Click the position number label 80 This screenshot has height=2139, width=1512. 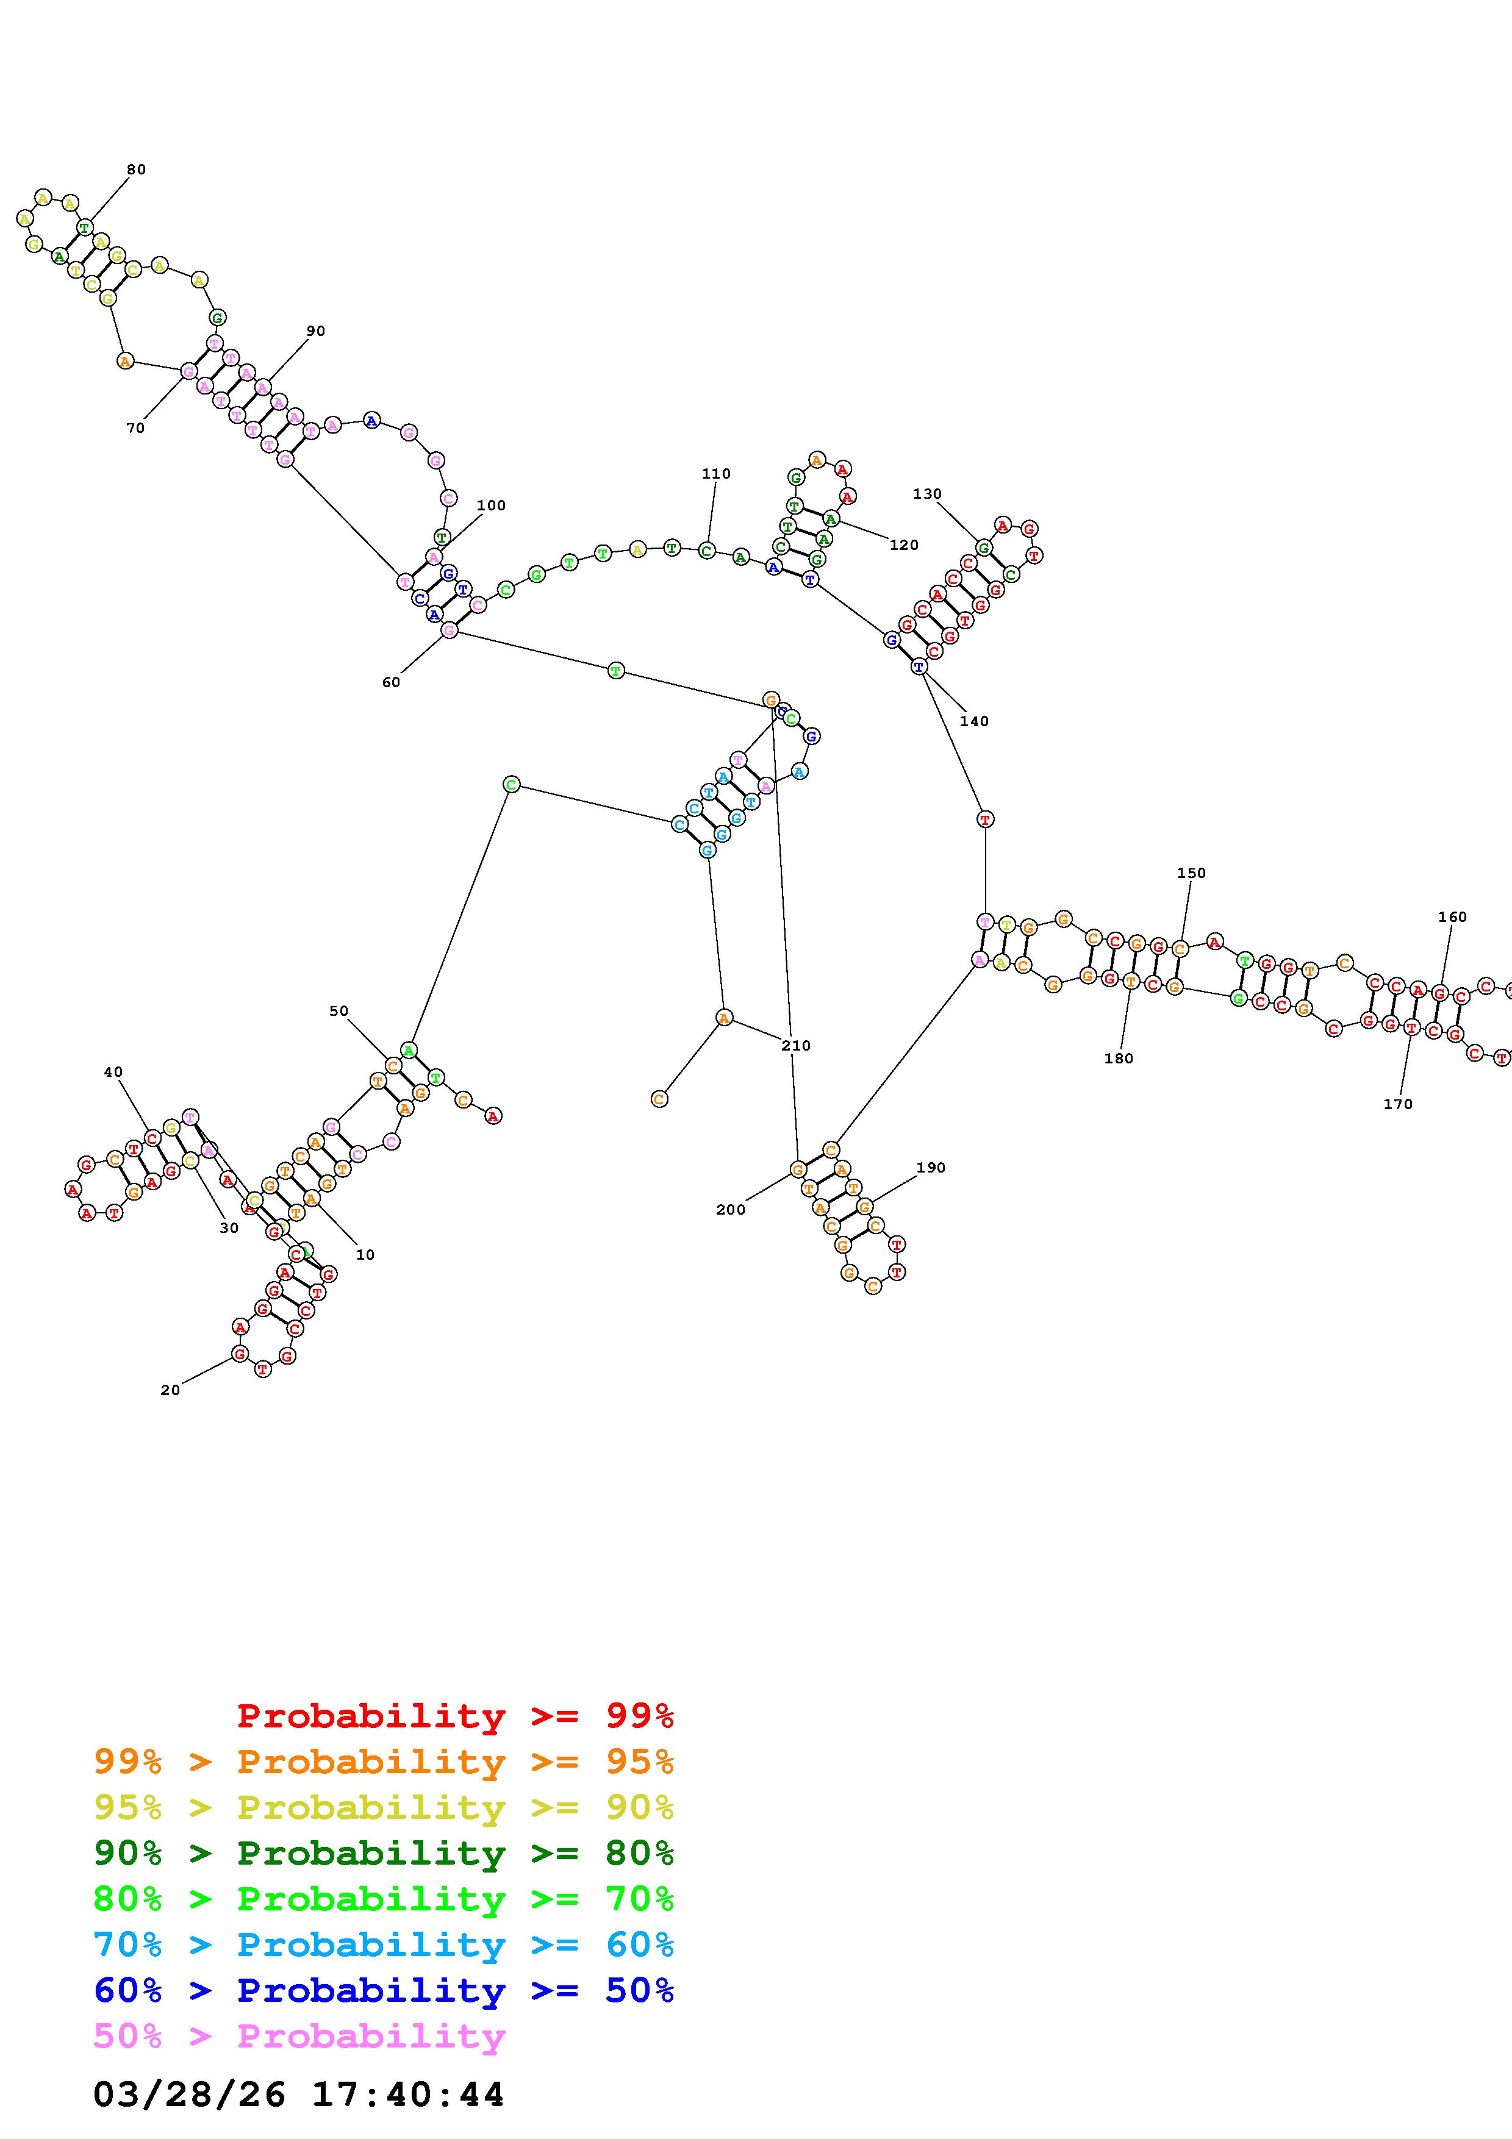pos(136,170)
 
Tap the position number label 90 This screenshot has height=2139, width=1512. pos(316,330)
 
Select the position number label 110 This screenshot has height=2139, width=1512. pos(715,473)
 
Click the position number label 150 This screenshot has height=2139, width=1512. pos(1191,873)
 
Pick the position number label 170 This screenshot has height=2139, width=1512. pos(1397,1104)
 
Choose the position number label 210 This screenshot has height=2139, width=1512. pos(795,1045)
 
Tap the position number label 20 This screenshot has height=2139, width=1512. pos(170,1390)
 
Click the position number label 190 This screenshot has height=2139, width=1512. pos(931,1167)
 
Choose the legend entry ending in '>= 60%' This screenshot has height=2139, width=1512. pos(384,1945)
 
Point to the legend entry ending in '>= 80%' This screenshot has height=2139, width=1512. pos(384,1854)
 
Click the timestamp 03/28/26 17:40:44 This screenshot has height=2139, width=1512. pos(298,2094)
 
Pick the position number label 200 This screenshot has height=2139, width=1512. pos(730,1209)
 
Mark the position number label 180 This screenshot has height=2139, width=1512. pos(1118,1059)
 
